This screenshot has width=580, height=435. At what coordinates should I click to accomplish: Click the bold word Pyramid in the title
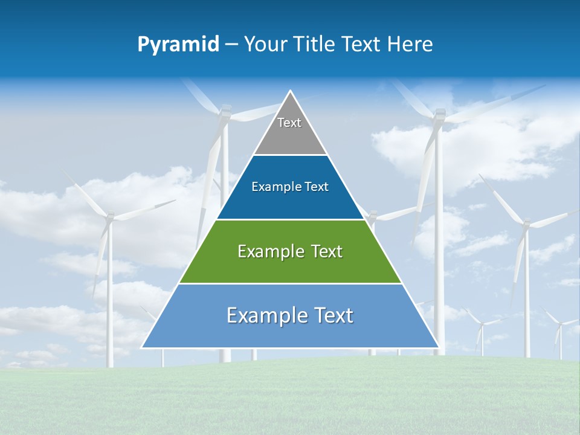pyautogui.click(x=178, y=45)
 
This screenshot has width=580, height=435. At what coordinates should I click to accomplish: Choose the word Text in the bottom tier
pyautogui.click(x=332, y=315)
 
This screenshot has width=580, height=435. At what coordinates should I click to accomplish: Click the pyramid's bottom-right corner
pyautogui.click(x=438, y=347)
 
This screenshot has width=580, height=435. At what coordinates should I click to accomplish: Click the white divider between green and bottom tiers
pyautogui.click(x=290, y=283)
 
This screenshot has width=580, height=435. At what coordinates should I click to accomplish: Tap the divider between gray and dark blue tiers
pyautogui.click(x=290, y=155)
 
